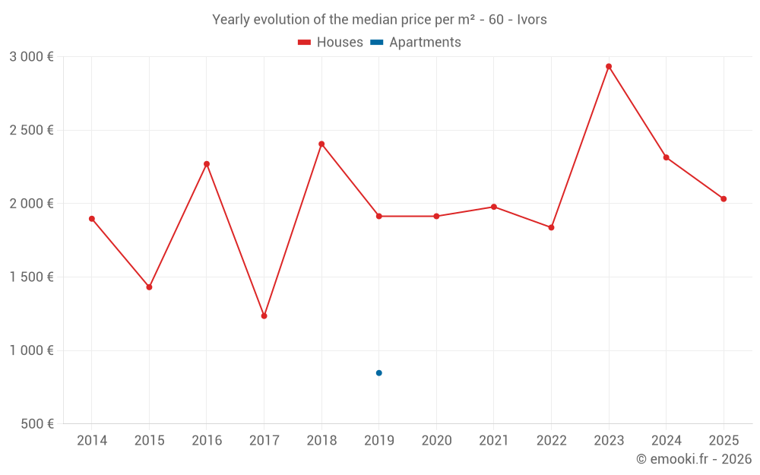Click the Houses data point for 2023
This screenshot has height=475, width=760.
coord(609,66)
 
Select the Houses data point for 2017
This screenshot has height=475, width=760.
coord(264,315)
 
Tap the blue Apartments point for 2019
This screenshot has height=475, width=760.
coord(378,372)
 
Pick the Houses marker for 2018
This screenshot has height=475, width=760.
coord(321,144)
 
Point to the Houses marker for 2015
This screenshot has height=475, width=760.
coord(149,287)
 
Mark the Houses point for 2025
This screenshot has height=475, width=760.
coord(724,198)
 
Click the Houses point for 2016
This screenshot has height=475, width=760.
coord(207,163)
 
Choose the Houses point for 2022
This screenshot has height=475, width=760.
coord(551,227)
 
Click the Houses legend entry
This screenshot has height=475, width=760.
coord(331,43)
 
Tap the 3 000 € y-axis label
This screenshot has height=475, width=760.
coord(31,57)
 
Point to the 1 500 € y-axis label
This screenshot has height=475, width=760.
coord(31,277)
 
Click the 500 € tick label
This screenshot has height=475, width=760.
coord(36,424)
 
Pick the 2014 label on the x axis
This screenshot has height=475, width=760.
coord(92,441)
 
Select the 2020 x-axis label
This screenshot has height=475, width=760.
coord(436,441)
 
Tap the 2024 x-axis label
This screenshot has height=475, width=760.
coord(666,441)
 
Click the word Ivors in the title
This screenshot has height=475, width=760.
coord(531,20)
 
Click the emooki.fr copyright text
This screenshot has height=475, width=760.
coord(693,459)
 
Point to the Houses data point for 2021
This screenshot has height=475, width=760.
coord(494,207)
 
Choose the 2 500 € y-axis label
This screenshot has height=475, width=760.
coord(31,130)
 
